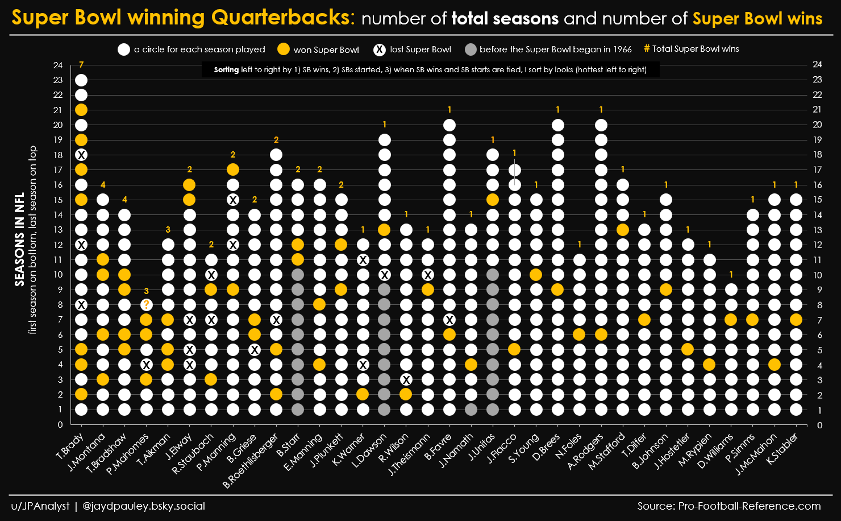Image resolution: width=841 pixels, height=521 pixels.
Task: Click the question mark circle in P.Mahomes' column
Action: click(147, 304)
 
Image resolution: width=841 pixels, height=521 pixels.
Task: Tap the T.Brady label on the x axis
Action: click(70, 447)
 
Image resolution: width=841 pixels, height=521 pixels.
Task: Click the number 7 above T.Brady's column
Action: click(81, 65)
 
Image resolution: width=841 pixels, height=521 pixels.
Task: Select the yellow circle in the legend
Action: click(284, 49)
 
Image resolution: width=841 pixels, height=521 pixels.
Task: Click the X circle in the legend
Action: click(380, 49)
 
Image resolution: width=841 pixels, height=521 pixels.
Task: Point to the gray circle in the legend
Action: click(470, 49)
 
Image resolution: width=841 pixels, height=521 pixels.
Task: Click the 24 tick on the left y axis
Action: click(58, 65)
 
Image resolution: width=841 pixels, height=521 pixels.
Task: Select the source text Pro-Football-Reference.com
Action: click(749, 506)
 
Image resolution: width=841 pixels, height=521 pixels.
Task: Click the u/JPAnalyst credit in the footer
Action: click(40, 506)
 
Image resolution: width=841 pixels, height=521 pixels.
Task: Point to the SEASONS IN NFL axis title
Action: click(20, 239)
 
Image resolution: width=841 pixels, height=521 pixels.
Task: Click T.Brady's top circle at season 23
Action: click(81, 80)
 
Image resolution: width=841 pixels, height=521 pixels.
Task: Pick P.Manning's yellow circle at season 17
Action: click(233, 169)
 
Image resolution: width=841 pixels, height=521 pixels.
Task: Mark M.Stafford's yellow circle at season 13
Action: click(623, 230)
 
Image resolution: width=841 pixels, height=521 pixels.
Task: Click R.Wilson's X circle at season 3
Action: click(406, 379)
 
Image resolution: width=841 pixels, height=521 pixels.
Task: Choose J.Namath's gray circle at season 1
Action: click(471, 410)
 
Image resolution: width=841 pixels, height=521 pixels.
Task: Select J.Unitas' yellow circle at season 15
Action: click(493, 200)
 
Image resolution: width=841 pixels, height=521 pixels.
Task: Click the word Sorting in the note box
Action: click(226, 70)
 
